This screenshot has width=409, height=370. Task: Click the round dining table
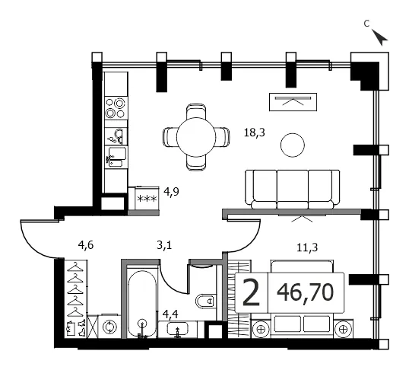(x=196, y=137)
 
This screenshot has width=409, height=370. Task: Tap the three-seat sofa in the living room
(x=293, y=190)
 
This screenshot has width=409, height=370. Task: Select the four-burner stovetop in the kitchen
(x=115, y=107)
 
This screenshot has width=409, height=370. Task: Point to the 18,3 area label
(x=255, y=132)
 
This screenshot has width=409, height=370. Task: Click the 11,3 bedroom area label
(x=307, y=247)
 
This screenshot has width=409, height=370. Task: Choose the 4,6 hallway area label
(x=86, y=245)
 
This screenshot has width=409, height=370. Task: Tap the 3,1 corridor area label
(x=164, y=245)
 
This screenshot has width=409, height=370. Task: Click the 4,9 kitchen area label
(x=171, y=192)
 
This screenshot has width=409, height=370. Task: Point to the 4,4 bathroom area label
(x=170, y=314)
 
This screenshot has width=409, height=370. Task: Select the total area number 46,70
(x=305, y=292)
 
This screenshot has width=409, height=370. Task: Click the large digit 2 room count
(x=251, y=292)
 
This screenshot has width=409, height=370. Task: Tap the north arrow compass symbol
(x=379, y=37)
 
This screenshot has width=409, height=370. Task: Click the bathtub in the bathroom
(x=142, y=304)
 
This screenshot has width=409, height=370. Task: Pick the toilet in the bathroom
(x=206, y=301)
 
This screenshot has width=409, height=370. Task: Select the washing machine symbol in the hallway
(x=109, y=327)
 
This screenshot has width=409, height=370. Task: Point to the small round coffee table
(x=293, y=145)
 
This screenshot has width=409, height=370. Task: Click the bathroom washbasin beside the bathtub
(x=177, y=329)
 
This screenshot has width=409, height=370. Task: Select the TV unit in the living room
(x=293, y=102)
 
